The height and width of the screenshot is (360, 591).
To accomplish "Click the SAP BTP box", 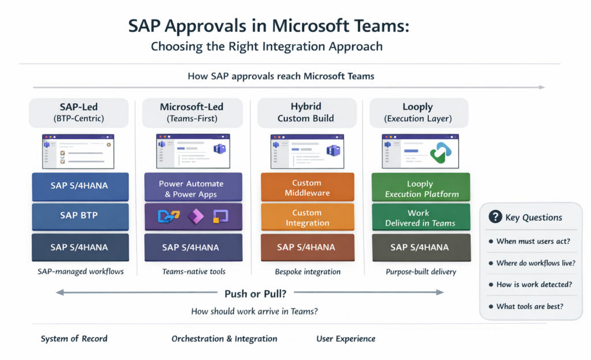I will click(x=78, y=216).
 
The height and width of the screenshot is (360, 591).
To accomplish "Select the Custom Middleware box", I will click(x=307, y=187).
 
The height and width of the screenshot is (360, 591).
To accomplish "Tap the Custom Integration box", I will click(x=307, y=217).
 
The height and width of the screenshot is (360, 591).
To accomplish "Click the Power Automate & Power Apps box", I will click(x=191, y=188).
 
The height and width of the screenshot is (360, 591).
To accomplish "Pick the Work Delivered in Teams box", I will click(x=420, y=217).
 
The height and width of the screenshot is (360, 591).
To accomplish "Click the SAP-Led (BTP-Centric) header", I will click(x=78, y=113).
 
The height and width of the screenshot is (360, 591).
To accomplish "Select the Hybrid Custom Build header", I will click(x=306, y=113).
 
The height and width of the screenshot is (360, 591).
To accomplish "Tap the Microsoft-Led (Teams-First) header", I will click(x=191, y=113).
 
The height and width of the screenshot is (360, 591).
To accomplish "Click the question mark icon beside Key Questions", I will click(x=495, y=217).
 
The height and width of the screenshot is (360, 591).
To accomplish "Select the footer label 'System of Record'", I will click(x=74, y=339).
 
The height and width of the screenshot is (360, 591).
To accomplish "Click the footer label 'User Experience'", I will click(x=346, y=339).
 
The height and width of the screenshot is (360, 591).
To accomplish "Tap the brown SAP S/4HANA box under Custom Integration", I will click(x=306, y=247).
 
